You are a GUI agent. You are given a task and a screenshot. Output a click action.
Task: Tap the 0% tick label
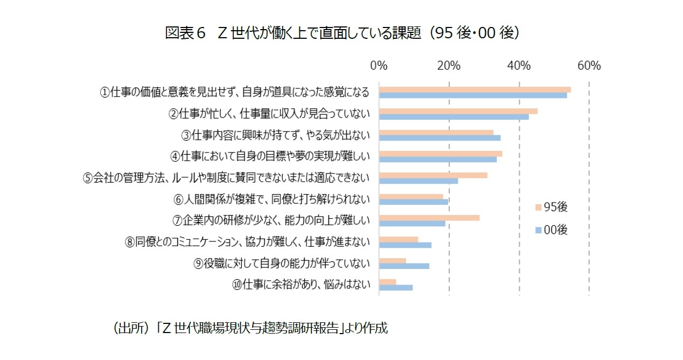(x=379, y=66)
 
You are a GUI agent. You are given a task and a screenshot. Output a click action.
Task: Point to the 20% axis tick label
(x=449, y=66)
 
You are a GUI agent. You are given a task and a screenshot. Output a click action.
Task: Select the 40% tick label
(x=519, y=66)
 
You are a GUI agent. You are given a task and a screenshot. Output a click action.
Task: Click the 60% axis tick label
(x=589, y=66)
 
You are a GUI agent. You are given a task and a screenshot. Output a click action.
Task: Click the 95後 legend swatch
(x=537, y=207)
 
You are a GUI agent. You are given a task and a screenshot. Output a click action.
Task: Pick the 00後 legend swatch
(x=537, y=230)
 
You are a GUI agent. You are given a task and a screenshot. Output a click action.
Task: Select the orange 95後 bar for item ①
(x=475, y=89)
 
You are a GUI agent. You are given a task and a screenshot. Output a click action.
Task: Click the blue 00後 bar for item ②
(x=454, y=117)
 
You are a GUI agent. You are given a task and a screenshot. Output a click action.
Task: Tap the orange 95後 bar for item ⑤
(x=433, y=175)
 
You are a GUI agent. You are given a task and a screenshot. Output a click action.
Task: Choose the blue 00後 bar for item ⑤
(x=419, y=181)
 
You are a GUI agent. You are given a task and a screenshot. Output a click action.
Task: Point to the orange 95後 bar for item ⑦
(x=429, y=218)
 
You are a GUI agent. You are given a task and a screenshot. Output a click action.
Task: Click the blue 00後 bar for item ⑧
(x=405, y=245)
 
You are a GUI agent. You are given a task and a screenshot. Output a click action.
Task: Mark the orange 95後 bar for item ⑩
(x=388, y=281)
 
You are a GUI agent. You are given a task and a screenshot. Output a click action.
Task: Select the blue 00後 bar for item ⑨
(x=404, y=266)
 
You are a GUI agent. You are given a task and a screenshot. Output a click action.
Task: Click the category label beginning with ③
(x=276, y=135)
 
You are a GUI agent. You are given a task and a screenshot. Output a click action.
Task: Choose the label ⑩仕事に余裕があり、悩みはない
(x=301, y=285)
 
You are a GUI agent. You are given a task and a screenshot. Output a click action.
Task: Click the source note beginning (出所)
(x=249, y=328)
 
